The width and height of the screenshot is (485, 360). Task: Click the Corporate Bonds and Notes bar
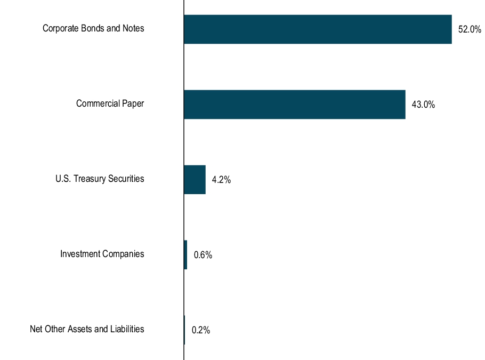coord(318,29)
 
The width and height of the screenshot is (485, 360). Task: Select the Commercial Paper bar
coord(294,105)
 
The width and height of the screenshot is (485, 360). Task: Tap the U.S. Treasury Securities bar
coord(195,180)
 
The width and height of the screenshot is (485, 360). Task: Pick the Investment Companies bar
coord(185,255)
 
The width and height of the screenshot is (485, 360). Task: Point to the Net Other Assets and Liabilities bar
coord(184,330)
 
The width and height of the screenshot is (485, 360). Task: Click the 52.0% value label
coord(470,30)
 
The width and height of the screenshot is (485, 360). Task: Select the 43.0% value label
coord(424,105)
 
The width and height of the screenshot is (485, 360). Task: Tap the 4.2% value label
coord(221,180)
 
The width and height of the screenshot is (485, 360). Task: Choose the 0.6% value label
coord(203,255)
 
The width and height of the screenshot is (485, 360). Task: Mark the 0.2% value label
coord(201,331)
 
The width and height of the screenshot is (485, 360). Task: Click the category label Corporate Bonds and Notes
coord(93,28)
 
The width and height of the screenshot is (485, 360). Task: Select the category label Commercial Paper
coord(110,103)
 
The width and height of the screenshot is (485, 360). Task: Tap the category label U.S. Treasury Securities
coord(100,179)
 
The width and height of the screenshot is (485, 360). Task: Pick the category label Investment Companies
coord(102,254)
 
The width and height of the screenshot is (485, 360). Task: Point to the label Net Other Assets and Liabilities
coord(87,329)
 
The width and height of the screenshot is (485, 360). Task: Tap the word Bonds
coord(94,28)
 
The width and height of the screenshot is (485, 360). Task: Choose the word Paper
coord(133,103)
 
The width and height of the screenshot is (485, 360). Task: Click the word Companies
coord(123,254)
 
